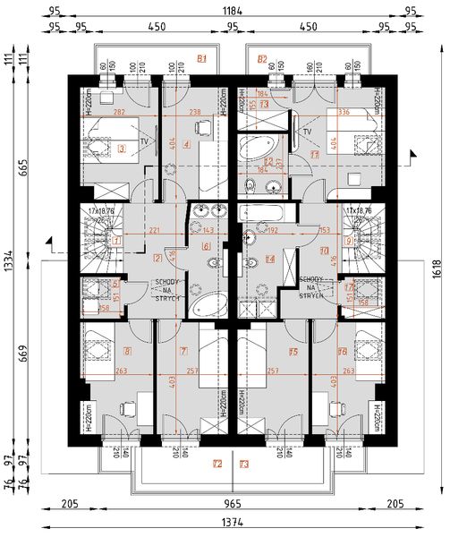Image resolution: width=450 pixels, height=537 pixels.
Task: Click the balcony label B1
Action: (x=202, y=59)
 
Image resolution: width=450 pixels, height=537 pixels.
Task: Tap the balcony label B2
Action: (x=262, y=59)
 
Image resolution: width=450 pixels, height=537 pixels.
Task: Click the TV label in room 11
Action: (x=307, y=132)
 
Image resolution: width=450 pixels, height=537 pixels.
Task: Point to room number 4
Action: (x=186, y=144)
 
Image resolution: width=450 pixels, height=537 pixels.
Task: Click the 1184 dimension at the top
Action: (x=225, y=11)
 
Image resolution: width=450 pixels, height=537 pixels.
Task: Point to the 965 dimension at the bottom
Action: (x=225, y=505)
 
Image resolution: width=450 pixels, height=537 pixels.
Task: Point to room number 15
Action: (x=293, y=352)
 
